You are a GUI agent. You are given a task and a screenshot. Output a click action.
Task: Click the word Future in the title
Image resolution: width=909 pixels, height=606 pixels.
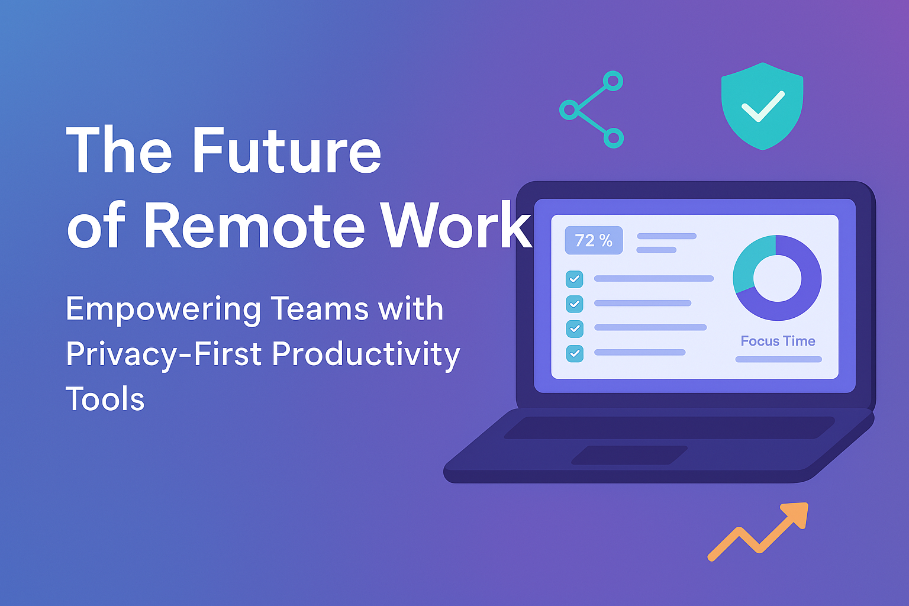[286, 151]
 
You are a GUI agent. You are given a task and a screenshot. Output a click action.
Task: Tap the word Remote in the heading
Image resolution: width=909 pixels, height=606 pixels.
[254, 225]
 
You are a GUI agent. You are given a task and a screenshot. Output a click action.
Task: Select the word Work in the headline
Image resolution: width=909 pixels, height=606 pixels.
[456, 225]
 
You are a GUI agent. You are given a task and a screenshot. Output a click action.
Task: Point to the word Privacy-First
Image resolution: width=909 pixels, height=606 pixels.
[163, 354]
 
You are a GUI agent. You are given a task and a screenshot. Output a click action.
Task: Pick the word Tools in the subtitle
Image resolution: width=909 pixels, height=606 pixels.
[105, 399]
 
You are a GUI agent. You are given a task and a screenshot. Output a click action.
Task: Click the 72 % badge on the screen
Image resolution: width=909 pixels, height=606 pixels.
[594, 240]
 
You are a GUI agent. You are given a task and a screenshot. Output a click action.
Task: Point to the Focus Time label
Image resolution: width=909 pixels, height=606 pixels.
[778, 341]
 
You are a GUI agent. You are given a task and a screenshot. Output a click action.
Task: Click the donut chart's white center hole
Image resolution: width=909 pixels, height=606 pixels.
[777, 278]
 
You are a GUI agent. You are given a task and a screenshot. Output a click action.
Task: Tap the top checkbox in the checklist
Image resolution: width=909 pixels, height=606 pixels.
[574, 279]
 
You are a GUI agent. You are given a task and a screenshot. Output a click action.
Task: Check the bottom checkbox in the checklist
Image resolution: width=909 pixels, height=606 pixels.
[574, 353]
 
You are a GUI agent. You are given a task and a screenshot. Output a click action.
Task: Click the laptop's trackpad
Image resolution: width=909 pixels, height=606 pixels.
[629, 455]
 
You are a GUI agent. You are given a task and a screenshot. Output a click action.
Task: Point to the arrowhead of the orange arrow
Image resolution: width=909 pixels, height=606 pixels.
[796, 514]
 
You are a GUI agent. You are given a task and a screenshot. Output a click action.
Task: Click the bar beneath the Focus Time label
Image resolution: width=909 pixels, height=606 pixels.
[778, 359]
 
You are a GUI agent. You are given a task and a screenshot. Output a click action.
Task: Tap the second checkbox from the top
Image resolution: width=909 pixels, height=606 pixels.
[574, 304]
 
